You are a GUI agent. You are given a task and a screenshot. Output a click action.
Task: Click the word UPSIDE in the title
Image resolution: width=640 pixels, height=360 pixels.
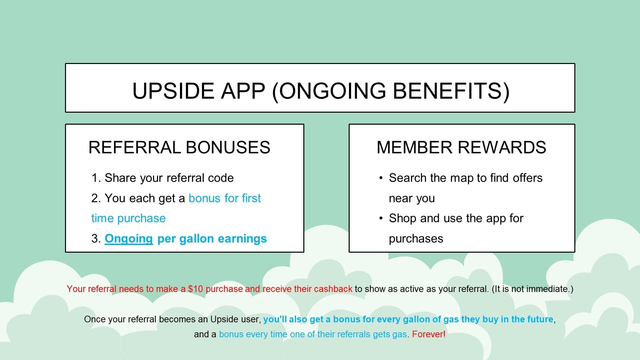[x=173, y=91]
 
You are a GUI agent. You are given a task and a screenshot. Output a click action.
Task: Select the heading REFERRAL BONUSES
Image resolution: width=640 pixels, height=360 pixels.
[x=179, y=147]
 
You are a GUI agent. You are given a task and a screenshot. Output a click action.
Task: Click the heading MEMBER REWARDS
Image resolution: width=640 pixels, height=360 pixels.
[x=461, y=147]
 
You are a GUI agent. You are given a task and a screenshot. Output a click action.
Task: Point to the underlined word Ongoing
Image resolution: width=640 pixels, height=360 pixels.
[x=129, y=239]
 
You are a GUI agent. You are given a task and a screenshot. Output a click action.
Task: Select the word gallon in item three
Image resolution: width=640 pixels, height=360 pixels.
[x=197, y=239]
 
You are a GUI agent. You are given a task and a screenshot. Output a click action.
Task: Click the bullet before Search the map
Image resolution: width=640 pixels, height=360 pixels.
[x=381, y=178]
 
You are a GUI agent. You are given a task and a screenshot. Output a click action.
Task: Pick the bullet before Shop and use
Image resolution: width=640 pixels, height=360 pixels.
[x=381, y=218]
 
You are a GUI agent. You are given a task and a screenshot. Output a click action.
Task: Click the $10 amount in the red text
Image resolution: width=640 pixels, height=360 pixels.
[x=195, y=289]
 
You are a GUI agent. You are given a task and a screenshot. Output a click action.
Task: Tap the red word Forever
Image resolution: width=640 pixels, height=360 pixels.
[x=427, y=334]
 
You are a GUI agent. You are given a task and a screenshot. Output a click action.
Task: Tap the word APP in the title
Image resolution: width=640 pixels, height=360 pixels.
[x=243, y=91]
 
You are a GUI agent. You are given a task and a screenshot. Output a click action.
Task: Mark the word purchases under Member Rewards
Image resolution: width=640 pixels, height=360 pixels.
[x=416, y=239]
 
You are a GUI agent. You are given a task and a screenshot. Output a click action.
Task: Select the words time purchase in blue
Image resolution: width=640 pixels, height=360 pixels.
[x=128, y=219]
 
